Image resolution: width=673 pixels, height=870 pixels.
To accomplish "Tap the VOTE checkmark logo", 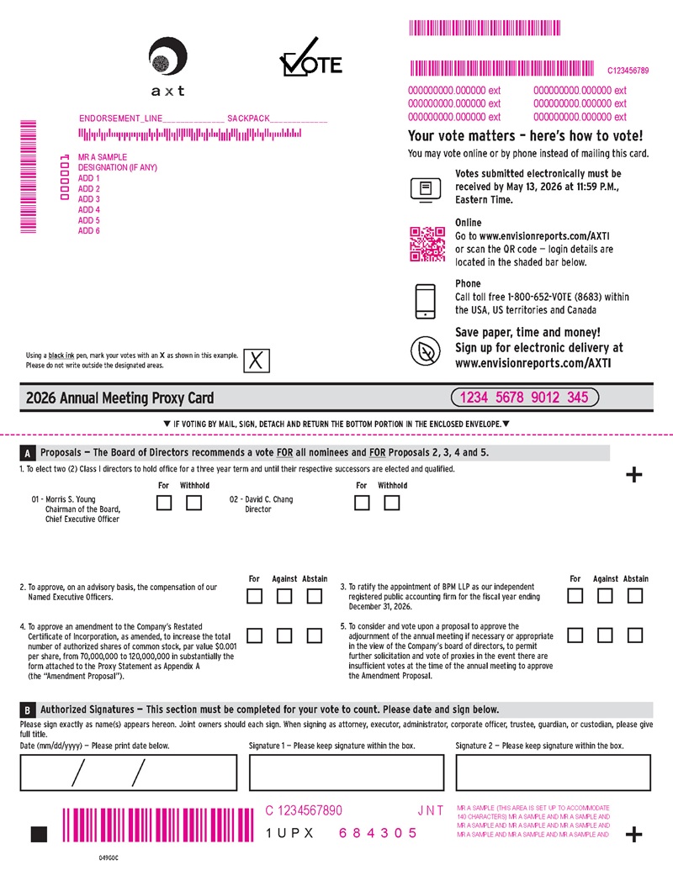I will click(310, 59).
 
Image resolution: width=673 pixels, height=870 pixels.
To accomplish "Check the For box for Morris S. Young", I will click(165, 503).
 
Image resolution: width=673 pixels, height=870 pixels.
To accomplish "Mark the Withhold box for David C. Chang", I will click(391, 503).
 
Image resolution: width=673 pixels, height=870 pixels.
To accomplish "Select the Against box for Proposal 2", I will click(284, 596).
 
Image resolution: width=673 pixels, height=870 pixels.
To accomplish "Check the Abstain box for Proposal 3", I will click(635, 596).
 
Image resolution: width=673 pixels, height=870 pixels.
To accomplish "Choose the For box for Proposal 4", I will click(255, 635).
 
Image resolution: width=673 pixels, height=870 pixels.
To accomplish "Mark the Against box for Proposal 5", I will click(605, 635).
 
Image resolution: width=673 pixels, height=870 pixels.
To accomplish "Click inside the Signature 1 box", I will click(347, 772).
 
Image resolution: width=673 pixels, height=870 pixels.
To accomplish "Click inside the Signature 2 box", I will click(553, 772).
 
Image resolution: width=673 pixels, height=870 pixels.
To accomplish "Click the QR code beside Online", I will click(426, 244).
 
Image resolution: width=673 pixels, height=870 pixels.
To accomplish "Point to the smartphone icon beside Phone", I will click(426, 301).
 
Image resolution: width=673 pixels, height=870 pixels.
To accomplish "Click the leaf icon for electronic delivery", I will click(426, 350).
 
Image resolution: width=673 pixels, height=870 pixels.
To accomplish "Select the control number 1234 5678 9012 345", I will click(524, 398).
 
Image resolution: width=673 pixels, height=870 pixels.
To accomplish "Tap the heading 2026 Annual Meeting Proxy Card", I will click(120, 398).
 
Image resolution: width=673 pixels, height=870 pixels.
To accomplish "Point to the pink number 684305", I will click(378, 833).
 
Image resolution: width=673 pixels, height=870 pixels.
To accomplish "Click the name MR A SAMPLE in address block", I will click(103, 157).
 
